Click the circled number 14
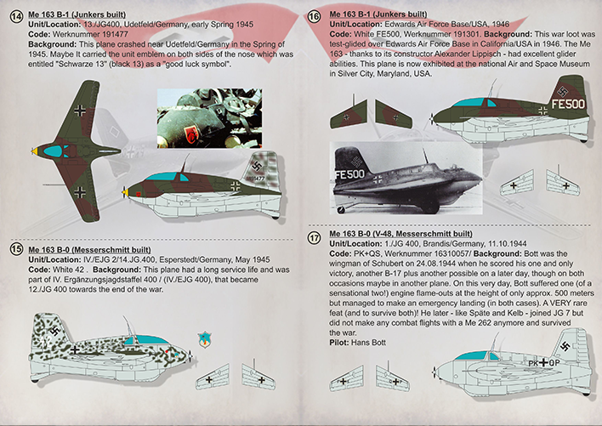pyautogui.click(x=16, y=17)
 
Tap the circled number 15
pyautogui.click(x=16, y=249)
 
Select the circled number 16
pyautogui.click(x=315, y=17)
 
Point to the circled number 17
pyautogui.click(x=315, y=238)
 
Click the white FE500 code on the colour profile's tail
pyautogui.click(x=568, y=104)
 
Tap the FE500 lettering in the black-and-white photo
pyautogui.click(x=349, y=174)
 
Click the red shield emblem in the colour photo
pyautogui.click(x=190, y=134)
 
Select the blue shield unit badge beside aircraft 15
pyautogui.click(x=205, y=339)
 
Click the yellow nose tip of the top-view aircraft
pyautogui.click(x=35, y=151)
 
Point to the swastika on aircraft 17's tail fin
pyautogui.click(x=565, y=346)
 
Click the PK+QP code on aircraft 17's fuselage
pyautogui.click(x=544, y=363)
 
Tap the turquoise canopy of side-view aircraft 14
pyautogui.click(x=167, y=177)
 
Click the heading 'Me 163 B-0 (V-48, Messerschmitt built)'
pyautogui.click(x=400, y=234)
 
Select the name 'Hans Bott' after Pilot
pyautogui.click(x=368, y=343)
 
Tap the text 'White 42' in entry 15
pyautogui.click(x=68, y=270)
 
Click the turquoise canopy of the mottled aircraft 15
pyautogui.click(x=148, y=339)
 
